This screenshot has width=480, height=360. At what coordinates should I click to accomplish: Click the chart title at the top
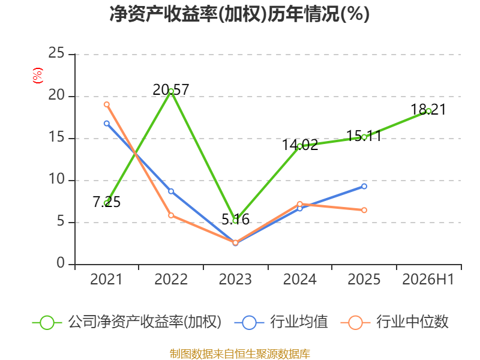pyautogui.click(x=239, y=14)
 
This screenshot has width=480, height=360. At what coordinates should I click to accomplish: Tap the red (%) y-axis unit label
pyautogui.click(x=38, y=76)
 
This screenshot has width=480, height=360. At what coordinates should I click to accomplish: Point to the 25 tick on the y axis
pyautogui.click(x=56, y=53)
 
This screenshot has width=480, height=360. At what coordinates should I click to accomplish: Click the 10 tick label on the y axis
pyautogui.click(x=56, y=179)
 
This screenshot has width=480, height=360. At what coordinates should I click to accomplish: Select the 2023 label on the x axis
pyautogui.click(x=235, y=279)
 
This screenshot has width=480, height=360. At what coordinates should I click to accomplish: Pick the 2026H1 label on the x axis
pyautogui.click(x=428, y=279)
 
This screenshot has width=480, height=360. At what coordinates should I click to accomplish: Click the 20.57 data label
pyautogui.click(x=171, y=89)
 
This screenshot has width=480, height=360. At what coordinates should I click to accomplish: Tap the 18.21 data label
pyautogui.click(x=428, y=110)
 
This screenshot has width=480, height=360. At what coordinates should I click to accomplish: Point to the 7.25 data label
pyautogui.click(x=107, y=202)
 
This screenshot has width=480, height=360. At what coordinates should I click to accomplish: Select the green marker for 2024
pyautogui.click(x=299, y=146)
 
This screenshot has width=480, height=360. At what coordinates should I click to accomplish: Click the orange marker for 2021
pyautogui.click(x=107, y=104)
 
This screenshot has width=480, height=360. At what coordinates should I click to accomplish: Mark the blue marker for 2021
pyautogui.click(x=107, y=124)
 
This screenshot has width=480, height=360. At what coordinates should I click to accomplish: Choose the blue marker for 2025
pyautogui.click(x=364, y=187)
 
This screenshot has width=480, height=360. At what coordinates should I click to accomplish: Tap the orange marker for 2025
pyautogui.click(x=364, y=210)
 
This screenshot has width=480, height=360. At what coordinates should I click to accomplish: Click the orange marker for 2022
pyautogui.click(x=171, y=215)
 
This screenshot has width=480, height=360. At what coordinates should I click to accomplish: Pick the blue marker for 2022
pyautogui.click(x=171, y=191)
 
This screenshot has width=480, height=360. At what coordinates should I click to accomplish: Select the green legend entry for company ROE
pyautogui.click(x=127, y=322)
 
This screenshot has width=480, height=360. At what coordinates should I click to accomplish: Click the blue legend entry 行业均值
pyautogui.click(x=281, y=322)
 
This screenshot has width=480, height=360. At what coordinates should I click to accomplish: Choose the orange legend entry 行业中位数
pyautogui.click(x=394, y=322)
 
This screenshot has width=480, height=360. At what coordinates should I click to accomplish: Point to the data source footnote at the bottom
pyautogui.click(x=239, y=354)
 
